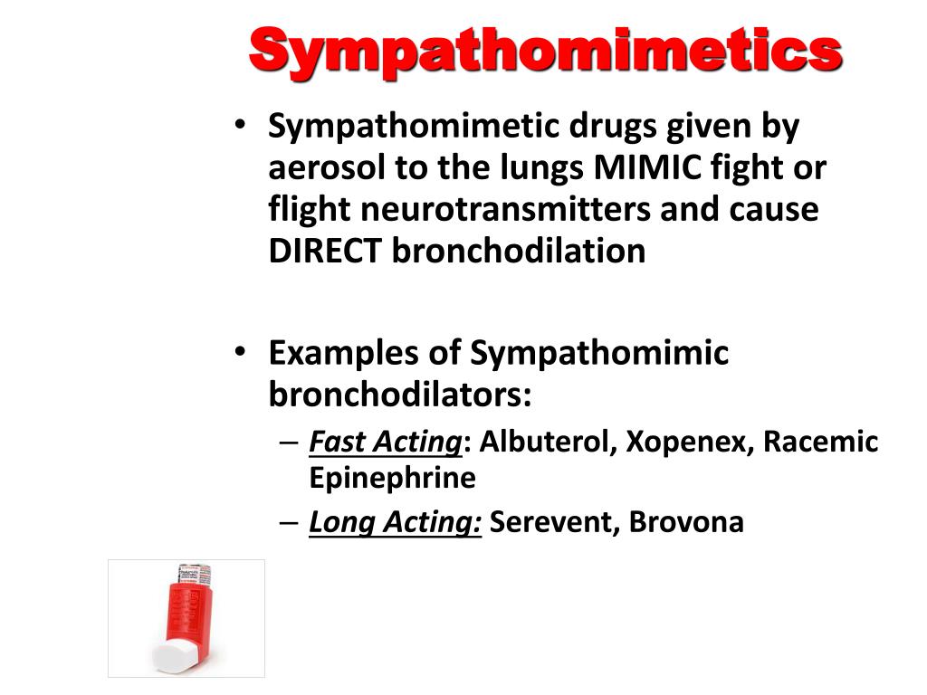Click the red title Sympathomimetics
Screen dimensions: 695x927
pos(545,52)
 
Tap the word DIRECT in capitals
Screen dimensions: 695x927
pos(325,251)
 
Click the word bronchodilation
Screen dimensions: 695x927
pos(519,251)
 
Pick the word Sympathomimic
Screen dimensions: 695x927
pos(598,353)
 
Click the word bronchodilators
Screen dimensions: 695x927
pos(399,394)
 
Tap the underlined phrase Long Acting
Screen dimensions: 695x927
pos(394,523)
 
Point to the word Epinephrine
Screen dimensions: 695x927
pos(392,477)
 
